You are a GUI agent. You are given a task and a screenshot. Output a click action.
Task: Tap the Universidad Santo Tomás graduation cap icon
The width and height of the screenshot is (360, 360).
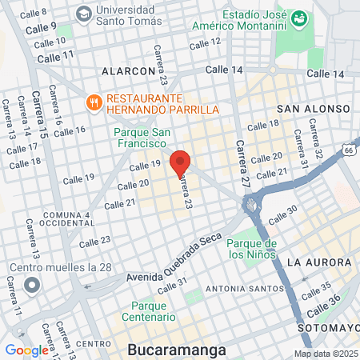point(84,14)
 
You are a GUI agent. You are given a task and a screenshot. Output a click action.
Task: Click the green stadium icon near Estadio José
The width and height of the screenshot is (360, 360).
point(299,18)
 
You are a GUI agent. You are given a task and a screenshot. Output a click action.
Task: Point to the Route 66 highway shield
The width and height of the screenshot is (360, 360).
point(349,149)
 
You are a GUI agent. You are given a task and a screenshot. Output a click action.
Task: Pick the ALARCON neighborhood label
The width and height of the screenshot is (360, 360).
point(127,71)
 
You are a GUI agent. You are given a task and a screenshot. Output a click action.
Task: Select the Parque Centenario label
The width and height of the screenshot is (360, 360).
point(142,311)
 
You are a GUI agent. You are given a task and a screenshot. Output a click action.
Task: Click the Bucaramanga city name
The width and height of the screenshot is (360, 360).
point(176,350)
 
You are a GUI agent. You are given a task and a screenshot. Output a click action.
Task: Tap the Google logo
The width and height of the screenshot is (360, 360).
point(27,350)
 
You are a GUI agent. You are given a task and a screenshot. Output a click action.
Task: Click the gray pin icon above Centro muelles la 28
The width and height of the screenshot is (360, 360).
point(32,285)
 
